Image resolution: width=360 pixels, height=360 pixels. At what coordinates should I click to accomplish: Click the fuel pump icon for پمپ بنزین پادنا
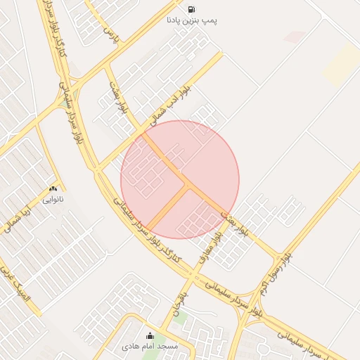click(192, 10)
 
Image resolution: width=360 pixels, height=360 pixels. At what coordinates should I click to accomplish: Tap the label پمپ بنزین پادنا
click(192, 21)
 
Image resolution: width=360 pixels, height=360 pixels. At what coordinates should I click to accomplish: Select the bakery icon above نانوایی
click(53, 189)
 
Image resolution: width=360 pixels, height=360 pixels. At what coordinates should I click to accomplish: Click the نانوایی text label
click(53, 200)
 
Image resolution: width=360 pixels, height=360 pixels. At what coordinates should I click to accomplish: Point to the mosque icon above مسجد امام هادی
click(150, 336)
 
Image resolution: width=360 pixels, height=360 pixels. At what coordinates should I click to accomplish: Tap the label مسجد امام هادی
click(150, 347)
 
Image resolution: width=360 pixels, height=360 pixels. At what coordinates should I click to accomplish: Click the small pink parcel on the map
click(295, 37)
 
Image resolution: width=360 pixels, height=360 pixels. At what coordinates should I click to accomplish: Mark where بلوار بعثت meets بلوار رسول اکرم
click(282, 255)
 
